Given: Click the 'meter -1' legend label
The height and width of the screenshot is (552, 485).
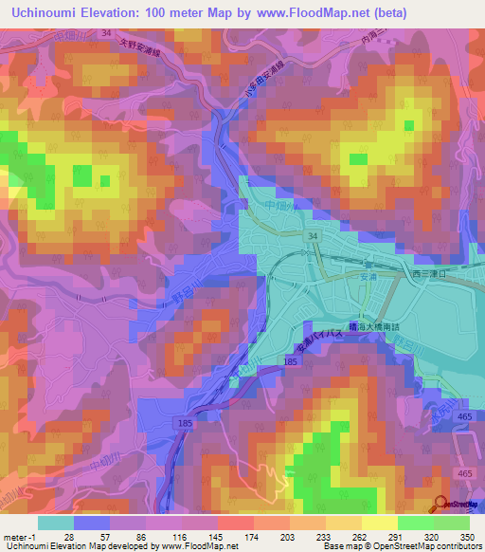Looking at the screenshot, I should (x=17, y=536).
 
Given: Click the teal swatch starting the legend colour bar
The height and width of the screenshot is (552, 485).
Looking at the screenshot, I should (x=55, y=523).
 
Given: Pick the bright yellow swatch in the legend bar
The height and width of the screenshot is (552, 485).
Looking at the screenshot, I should (x=380, y=523).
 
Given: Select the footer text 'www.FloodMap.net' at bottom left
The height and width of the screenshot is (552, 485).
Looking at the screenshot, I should (x=200, y=546).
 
